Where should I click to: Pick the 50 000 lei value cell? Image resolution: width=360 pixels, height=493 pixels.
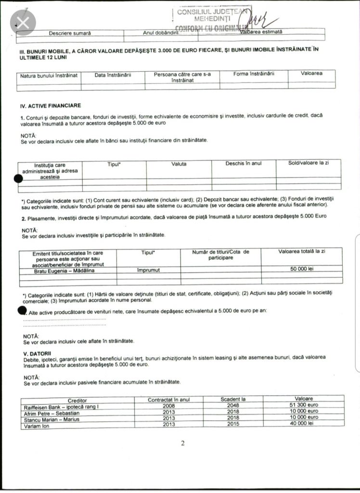click(x=302, y=270)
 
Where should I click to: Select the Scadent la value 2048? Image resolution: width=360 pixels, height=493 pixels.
click(x=233, y=406)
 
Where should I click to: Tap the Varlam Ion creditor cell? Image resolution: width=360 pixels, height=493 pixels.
click(x=39, y=425)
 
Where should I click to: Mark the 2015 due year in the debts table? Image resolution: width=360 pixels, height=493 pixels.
click(x=233, y=423)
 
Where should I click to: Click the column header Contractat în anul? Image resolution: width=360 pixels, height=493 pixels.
click(x=169, y=400)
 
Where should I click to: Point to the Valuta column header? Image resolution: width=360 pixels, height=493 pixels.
click(x=179, y=164)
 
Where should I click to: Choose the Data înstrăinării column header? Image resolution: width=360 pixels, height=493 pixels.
click(x=113, y=75)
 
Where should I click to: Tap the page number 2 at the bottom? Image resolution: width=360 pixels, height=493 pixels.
click(x=183, y=443)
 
